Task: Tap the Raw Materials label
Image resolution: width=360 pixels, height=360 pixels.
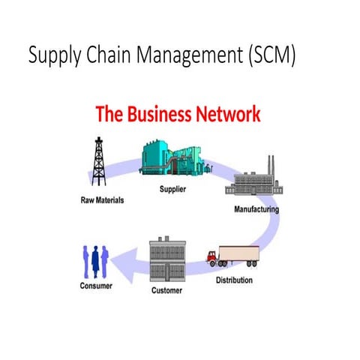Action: click(103, 201)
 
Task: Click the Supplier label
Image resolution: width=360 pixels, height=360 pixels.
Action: click(172, 189)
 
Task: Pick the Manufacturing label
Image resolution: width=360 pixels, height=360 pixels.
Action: click(255, 208)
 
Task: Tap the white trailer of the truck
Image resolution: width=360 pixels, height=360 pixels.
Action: click(240, 256)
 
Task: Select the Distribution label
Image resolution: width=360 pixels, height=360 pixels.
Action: click(234, 280)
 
